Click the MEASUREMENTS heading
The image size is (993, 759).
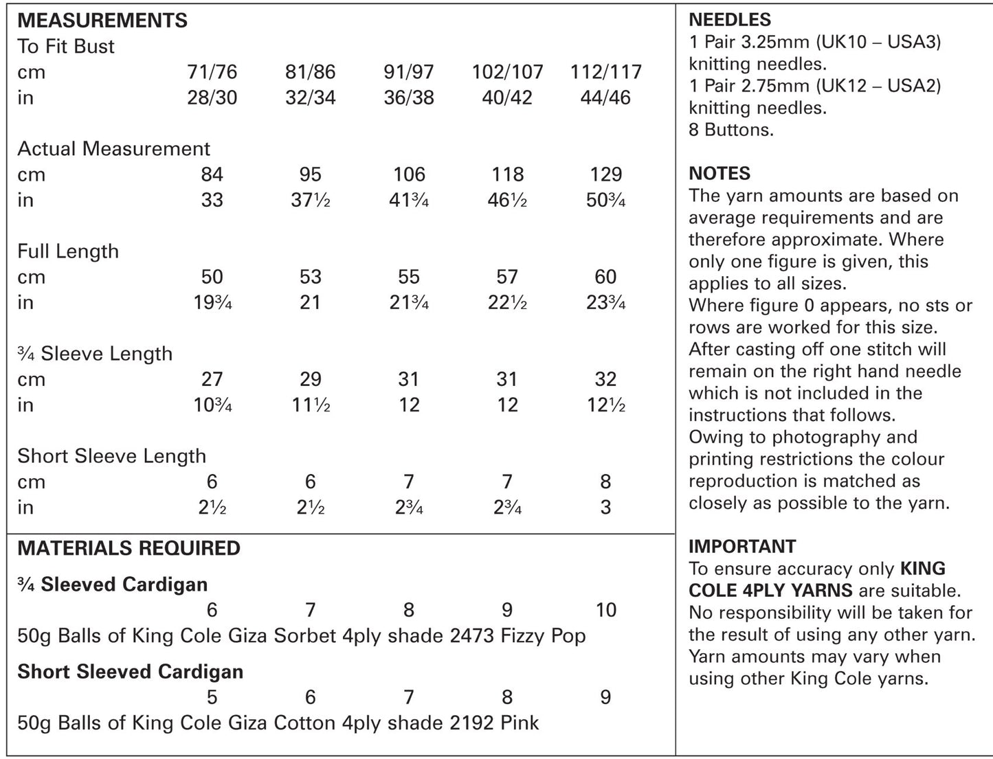click(x=102, y=21)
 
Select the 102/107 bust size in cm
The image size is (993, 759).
click(x=507, y=72)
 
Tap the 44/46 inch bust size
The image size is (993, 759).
click(x=605, y=98)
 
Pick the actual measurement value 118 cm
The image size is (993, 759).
click(x=507, y=174)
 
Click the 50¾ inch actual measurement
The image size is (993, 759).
click(x=605, y=200)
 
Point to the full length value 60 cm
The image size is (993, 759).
click(x=605, y=277)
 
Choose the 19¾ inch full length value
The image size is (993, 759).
click(x=212, y=302)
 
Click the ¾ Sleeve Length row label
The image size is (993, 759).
click(x=95, y=354)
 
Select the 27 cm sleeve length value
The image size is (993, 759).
click(x=212, y=379)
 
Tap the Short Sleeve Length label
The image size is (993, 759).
click(x=111, y=456)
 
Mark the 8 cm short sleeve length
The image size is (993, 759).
click(x=605, y=482)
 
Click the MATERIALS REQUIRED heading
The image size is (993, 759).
click(x=129, y=548)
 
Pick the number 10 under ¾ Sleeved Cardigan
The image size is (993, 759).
click(x=605, y=610)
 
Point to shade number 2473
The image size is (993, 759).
click(x=472, y=635)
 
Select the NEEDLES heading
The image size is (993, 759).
click(x=730, y=21)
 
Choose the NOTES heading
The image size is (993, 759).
click(x=719, y=174)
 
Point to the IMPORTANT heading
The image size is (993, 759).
click(x=742, y=547)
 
